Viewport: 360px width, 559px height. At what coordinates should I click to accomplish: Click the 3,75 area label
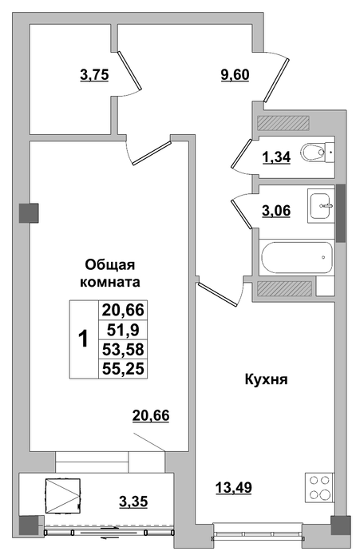(94, 75)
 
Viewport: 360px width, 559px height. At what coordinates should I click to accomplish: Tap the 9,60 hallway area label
(235, 75)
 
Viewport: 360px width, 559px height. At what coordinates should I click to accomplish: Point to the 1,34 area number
(277, 157)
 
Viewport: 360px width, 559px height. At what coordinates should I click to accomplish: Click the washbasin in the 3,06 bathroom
(321, 206)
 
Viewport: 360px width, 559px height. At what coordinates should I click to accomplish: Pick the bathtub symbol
(297, 257)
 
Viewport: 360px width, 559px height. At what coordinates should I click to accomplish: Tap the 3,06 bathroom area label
(276, 210)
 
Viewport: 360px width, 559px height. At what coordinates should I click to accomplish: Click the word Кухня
(267, 379)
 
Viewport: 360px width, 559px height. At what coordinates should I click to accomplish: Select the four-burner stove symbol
(319, 487)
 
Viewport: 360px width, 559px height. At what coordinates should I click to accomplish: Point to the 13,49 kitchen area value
(234, 486)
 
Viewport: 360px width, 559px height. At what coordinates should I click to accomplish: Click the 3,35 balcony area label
(133, 502)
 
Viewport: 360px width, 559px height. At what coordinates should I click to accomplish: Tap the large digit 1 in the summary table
(83, 339)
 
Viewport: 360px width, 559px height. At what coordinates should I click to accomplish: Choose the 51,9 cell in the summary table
(123, 329)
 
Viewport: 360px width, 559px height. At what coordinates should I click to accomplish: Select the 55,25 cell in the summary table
(123, 369)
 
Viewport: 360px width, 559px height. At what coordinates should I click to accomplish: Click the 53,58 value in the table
(123, 349)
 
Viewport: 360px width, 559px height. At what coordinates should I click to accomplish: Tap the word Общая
(110, 266)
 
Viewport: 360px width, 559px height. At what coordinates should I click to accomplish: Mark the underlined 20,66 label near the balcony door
(151, 415)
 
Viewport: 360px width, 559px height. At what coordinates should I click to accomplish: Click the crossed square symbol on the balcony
(63, 496)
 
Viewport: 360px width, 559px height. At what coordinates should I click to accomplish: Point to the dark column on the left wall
(29, 213)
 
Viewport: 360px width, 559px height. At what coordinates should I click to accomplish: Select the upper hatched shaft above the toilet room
(283, 123)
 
